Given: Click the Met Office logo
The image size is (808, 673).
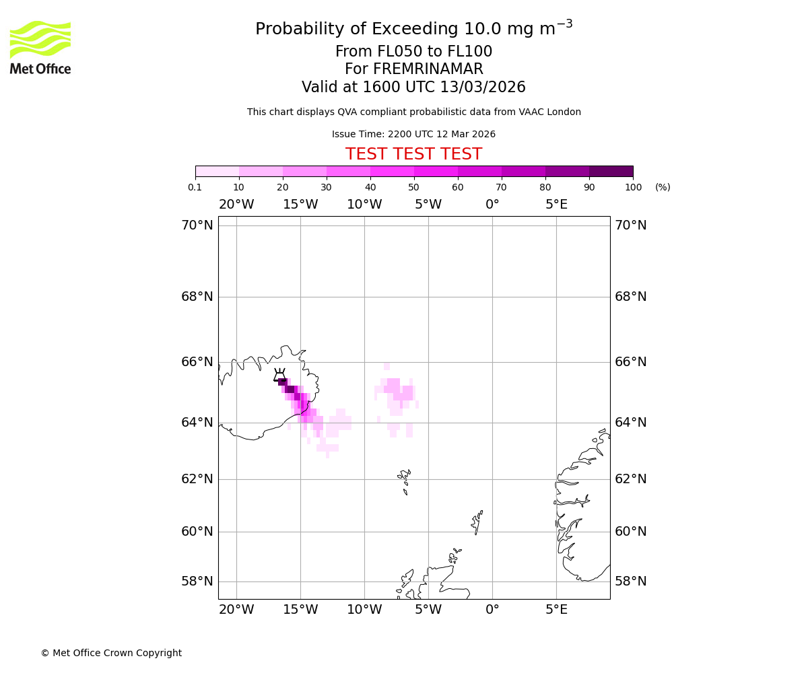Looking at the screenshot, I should pos(40,47).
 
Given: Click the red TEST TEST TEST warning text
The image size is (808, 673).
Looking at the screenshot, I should pos(413,155).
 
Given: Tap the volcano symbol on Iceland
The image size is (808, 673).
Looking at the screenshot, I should pos(279,376).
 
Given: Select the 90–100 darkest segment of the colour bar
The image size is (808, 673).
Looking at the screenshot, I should pos(611,171).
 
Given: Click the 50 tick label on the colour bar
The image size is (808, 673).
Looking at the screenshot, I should pos(413,187).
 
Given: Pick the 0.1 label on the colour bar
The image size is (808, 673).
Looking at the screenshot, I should pos(195,187).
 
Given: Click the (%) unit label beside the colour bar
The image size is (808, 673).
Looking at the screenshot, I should pos(663,187).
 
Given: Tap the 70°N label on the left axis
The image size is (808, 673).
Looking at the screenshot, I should pos(197,225).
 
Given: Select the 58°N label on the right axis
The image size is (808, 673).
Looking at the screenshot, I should pos(630,581).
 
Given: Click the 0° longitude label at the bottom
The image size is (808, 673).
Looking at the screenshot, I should pos(492,610).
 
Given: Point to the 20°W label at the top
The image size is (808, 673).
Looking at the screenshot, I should pos(236,205).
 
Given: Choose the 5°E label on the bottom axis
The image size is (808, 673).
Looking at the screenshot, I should pos(556,610).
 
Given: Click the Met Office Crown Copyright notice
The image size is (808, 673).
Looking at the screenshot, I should pos(111,653).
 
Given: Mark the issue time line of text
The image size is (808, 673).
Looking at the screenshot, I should pos(413,135).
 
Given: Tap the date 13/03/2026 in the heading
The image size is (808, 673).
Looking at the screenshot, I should pos(483,87).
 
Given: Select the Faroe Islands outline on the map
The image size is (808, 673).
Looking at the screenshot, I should pos(405,479).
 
